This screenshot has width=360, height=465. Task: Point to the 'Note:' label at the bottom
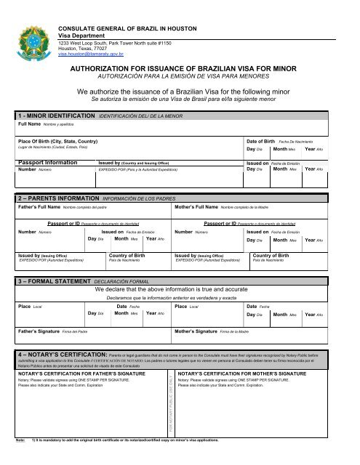point(20,460)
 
